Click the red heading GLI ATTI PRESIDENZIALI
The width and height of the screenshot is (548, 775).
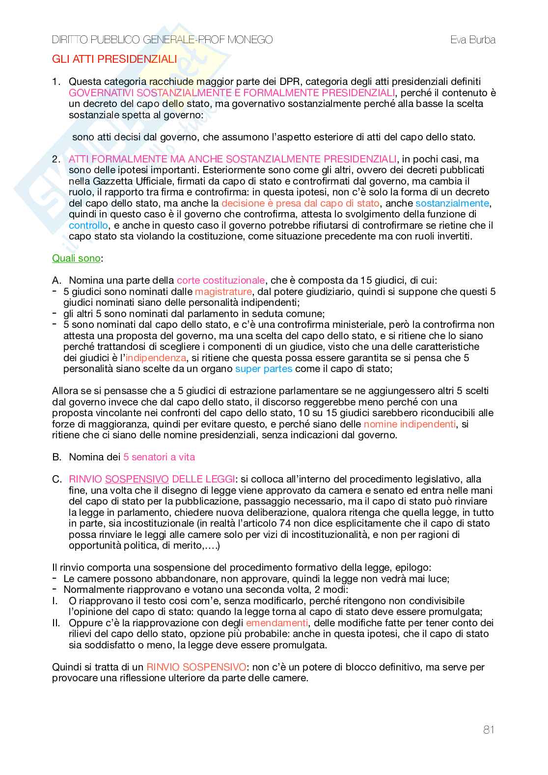(x=114, y=59)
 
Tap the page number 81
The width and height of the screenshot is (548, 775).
(x=489, y=730)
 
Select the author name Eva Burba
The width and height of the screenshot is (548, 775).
(x=473, y=40)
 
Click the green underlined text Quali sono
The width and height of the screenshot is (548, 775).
(x=76, y=258)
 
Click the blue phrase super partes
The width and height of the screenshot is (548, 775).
(x=264, y=369)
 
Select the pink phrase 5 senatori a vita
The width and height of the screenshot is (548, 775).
(x=159, y=457)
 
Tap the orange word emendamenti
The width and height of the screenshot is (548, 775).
(x=277, y=623)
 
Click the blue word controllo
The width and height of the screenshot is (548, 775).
(x=88, y=225)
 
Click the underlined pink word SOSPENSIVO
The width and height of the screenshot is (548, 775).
(x=137, y=479)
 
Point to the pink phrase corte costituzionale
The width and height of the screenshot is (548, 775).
(x=221, y=280)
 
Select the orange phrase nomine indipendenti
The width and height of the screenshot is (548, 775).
(x=410, y=424)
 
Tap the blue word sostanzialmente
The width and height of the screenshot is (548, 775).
(x=452, y=203)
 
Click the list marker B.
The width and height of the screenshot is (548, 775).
(x=57, y=457)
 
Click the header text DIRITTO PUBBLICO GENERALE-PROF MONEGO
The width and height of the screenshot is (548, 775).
(x=163, y=40)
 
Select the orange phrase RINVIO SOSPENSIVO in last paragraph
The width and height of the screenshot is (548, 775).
(x=196, y=667)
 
